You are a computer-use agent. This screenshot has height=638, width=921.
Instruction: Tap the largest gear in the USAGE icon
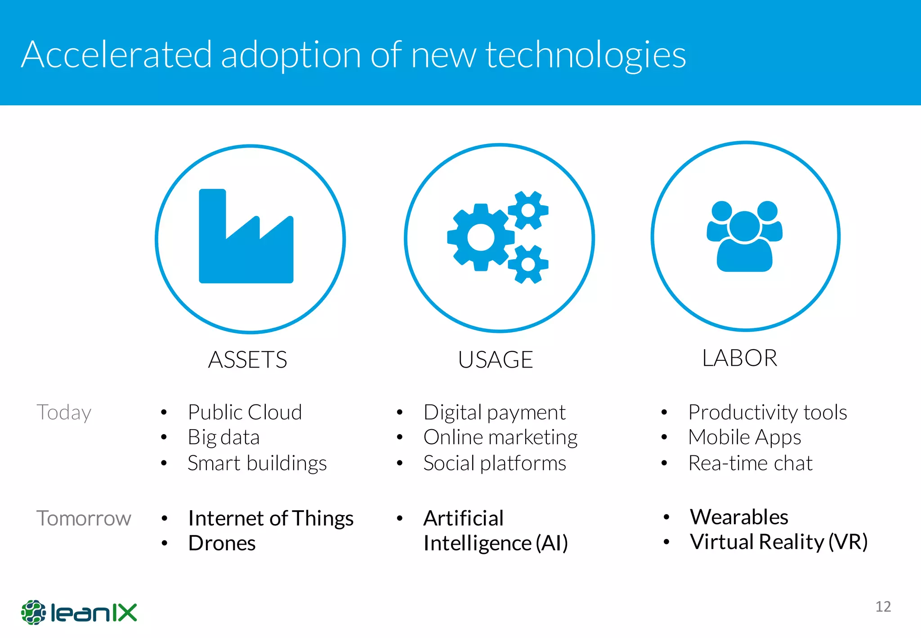[480, 237]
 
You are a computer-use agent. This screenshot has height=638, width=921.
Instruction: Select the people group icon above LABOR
[744, 236]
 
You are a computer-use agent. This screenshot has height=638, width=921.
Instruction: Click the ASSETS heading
[247, 359]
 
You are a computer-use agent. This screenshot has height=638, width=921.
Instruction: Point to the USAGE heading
[495, 359]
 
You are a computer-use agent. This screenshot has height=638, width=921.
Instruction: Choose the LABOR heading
[739, 358]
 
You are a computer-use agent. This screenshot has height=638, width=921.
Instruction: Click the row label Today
[64, 412]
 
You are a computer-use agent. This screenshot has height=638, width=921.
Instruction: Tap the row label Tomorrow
[84, 518]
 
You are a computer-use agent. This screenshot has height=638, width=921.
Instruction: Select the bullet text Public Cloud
[245, 412]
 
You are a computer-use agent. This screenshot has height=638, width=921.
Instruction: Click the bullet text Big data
[224, 437]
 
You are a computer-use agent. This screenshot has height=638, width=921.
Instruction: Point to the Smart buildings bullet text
[257, 463]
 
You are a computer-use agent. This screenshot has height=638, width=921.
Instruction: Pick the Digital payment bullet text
[494, 413]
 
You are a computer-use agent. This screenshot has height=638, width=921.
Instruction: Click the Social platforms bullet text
[494, 463]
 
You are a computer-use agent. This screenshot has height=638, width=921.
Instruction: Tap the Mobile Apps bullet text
[744, 437]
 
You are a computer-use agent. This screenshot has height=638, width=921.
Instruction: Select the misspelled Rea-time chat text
[750, 463]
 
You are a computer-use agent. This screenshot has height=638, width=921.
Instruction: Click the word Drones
[222, 543]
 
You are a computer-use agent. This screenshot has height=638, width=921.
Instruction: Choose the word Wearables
[739, 517]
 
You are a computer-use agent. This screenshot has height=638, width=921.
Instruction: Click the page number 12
[883, 607]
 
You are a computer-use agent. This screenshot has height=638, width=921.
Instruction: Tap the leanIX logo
[79, 612]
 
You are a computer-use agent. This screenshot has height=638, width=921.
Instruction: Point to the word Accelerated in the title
[116, 55]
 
